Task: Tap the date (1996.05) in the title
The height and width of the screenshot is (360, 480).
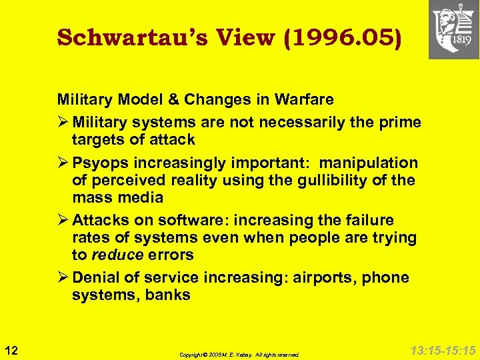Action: coord(342,38)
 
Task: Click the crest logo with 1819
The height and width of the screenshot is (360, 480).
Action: coord(453,29)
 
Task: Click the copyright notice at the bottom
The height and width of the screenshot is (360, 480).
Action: coord(240,355)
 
